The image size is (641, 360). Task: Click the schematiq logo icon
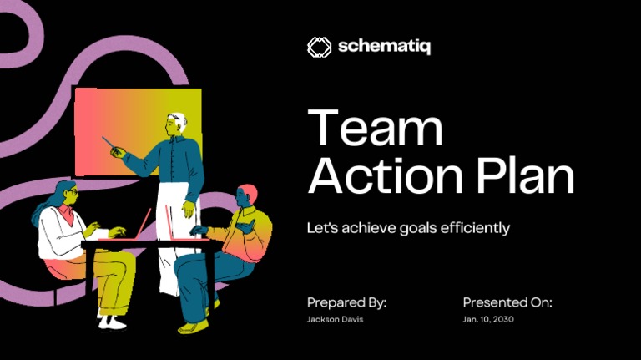tap(320, 47)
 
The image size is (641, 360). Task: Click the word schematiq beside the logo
tap(385, 47)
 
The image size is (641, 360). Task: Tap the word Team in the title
tap(375, 129)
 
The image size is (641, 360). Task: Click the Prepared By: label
tap(346, 302)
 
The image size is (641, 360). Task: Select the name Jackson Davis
tap(335, 320)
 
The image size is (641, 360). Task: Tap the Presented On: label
tap(507, 302)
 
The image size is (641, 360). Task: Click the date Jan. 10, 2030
tap(489, 320)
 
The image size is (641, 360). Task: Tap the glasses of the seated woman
tap(72, 192)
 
